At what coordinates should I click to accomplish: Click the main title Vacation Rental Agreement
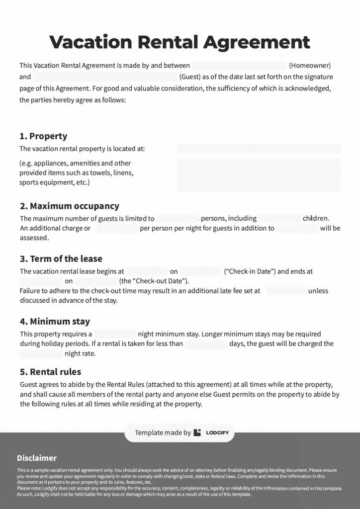click(180, 42)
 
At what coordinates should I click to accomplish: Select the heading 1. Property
click(43, 136)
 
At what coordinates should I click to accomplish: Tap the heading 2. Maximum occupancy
click(69, 206)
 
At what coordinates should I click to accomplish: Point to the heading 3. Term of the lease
click(61, 258)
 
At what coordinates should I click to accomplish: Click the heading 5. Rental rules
click(50, 372)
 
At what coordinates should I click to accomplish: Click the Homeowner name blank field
click(239, 65)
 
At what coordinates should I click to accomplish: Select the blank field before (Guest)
click(105, 77)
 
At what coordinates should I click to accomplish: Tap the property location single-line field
click(259, 148)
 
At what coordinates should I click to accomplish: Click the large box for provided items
click(259, 174)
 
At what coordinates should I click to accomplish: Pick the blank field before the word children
click(280, 218)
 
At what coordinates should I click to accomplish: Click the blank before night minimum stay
click(115, 334)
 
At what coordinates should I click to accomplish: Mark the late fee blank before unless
click(286, 291)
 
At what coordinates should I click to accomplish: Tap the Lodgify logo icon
click(197, 432)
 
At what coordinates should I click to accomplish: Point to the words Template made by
click(163, 432)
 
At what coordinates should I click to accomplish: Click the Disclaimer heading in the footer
click(37, 458)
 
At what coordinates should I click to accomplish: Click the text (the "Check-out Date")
click(147, 281)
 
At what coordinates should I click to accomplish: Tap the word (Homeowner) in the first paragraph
click(310, 65)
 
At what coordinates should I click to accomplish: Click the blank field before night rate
click(41, 354)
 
